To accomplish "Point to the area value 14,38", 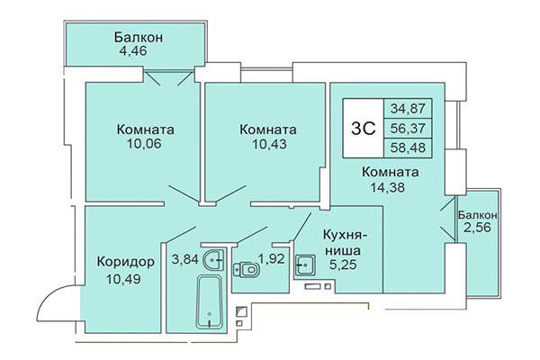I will click(x=390, y=187).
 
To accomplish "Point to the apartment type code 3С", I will click(x=361, y=126).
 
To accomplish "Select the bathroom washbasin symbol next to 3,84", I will click(x=213, y=260).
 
